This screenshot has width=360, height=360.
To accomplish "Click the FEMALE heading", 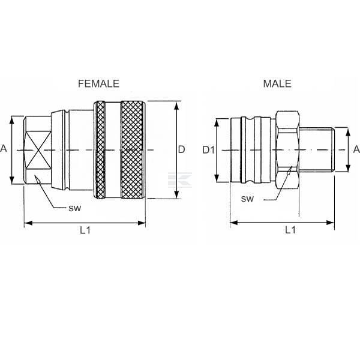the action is [99, 83].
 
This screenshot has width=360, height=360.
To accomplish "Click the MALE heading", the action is [277, 83].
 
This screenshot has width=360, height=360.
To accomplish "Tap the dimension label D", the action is [181, 149].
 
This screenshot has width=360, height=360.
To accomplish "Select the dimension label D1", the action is [208, 150].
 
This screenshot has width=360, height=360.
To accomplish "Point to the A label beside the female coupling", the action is [4, 149].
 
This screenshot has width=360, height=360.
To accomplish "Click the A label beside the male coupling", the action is [356, 149].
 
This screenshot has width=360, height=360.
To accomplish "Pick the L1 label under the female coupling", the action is [85, 230].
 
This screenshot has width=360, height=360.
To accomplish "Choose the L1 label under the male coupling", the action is [290, 230].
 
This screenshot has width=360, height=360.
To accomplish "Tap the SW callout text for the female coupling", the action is [75, 208].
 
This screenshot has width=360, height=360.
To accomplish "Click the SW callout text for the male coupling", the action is [247, 199].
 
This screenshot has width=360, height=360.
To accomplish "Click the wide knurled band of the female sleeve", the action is [133, 149].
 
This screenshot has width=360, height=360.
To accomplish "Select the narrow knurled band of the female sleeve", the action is [100, 149].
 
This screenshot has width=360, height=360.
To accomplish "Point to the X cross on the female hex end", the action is [38, 150].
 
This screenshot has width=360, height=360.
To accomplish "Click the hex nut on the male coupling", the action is [287, 149].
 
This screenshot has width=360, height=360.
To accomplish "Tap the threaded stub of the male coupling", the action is [317, 149].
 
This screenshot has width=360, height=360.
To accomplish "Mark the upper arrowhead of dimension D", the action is [176, 106].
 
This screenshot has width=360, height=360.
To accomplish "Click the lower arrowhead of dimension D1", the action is [217, 178].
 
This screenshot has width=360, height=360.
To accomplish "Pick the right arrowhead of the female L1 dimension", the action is [141, 223].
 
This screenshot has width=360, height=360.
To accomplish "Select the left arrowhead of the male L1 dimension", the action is [234, 223].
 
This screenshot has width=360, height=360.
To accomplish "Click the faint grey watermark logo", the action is [180, 179].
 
